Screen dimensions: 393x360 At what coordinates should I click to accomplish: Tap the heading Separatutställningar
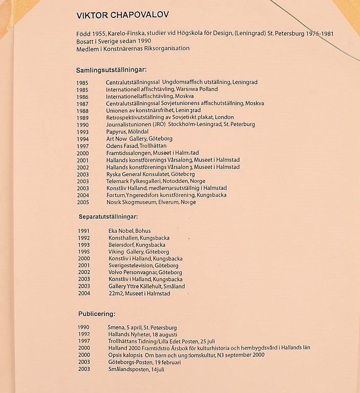point(111,216)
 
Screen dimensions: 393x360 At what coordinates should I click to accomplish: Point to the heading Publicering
point(96,313)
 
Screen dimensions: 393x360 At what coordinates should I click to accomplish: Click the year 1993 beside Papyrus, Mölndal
point(82,132)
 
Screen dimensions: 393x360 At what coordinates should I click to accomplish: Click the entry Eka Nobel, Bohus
point(129,231)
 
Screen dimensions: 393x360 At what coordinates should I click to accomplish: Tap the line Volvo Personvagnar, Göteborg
point(145,273)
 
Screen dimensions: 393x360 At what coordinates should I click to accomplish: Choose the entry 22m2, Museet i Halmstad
point(139,294)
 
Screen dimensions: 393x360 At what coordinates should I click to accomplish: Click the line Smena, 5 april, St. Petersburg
point(142,327)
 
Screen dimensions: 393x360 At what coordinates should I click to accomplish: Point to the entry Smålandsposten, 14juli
point(136,369)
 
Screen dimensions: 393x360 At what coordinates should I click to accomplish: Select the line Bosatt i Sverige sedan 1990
point(114,41)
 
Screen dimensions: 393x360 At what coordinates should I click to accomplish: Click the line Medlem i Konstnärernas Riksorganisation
point(133,49)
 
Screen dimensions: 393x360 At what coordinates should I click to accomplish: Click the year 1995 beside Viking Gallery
point(84,252)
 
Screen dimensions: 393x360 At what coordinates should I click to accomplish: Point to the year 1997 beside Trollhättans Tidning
point(84,341)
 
